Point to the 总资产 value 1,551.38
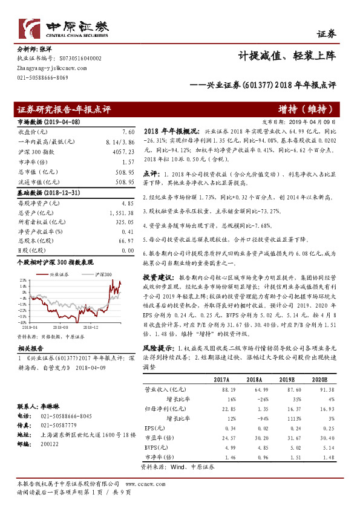[x=121, y=213]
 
